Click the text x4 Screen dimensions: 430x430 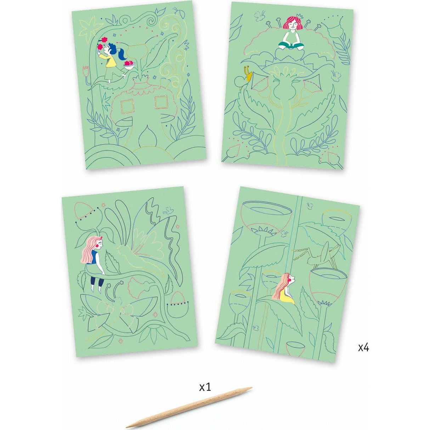point(363,348)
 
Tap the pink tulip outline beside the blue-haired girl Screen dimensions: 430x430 point(86,70)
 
